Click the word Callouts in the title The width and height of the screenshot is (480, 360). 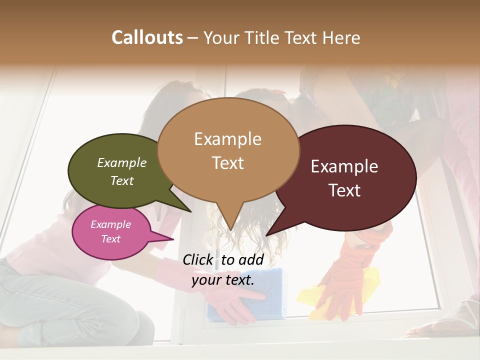(147, 37)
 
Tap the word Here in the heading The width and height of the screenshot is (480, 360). (341, 38)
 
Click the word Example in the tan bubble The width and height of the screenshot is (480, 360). (227, 139)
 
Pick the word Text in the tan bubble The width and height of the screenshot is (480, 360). (228, 163)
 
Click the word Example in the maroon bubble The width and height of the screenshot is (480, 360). (344, 166)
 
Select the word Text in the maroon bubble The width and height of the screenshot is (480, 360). (345, 190)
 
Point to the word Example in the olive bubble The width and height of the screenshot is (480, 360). (122, 163)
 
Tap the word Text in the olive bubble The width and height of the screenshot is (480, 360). (122, 180)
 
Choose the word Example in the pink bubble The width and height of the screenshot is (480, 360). (111, 224)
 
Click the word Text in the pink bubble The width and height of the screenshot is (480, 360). (111, 239)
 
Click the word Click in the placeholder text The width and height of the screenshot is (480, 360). (199, 259)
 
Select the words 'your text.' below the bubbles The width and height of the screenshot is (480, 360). (223, 280)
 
